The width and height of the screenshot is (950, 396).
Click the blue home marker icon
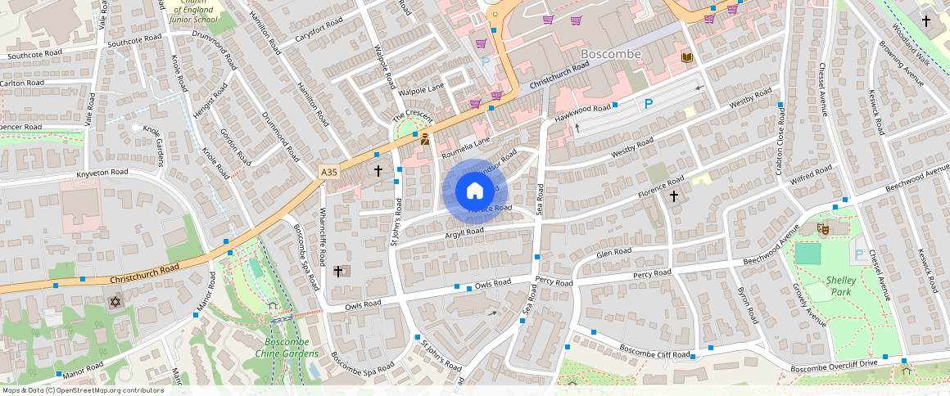(475, 191)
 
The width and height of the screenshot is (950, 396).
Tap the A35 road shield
(328, 172)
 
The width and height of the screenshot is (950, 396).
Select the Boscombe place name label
(610, 54)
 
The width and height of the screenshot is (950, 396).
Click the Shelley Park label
(842, 286)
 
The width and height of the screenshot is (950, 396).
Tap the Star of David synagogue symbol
(115, 303)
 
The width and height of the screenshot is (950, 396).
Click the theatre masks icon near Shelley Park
(822, 229)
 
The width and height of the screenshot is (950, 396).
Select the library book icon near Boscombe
(686, 56)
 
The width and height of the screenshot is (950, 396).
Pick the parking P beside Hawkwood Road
(649, 104)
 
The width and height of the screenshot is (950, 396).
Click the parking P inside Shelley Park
(858, 255)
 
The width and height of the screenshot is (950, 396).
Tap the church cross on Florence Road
(674, 196)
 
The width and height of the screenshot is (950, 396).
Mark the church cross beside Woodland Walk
(926, 20)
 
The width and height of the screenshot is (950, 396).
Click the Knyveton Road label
(102, 173)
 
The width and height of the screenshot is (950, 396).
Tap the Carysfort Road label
(305, 37)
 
